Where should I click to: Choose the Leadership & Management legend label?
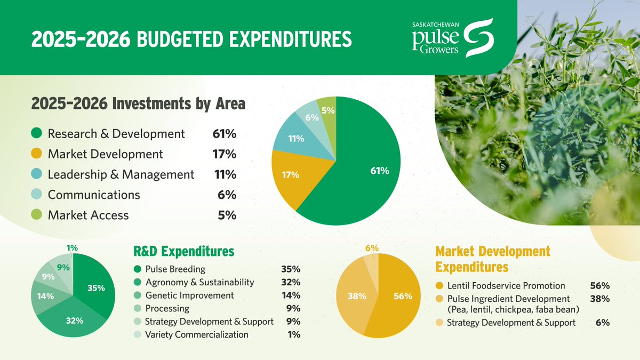coord(121,174)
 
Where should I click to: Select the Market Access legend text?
coord(89,215)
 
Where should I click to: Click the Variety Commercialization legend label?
coord(197,334)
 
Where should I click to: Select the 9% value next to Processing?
coord(293,308)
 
